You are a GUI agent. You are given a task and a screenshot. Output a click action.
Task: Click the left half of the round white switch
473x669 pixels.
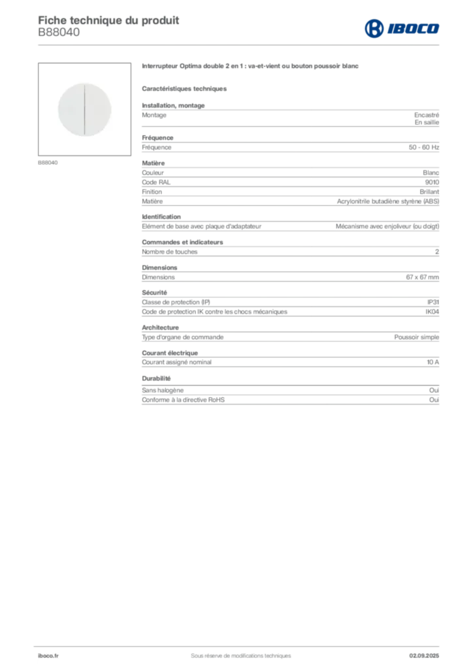(x=71, y=109)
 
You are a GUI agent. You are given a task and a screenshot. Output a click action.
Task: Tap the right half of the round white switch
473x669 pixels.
(x=99, y=109)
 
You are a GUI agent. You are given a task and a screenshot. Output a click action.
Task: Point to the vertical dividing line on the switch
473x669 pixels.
(x=85, y=109)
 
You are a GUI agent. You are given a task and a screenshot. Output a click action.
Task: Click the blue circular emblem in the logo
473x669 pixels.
(x=373, y=28)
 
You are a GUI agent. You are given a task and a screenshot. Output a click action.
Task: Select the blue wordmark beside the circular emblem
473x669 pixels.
(x=414, y=28)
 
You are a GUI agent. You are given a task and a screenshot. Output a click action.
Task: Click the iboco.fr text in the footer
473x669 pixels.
(x=48, y=655)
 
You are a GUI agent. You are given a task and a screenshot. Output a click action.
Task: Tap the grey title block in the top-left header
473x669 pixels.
(x=108, y=20)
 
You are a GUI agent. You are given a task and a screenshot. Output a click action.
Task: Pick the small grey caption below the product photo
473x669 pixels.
(x=49, y=162)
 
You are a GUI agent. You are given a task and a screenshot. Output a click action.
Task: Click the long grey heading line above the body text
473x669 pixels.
(x=250, y=67)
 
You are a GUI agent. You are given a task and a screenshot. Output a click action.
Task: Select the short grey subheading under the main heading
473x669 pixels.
(x=185, y=88)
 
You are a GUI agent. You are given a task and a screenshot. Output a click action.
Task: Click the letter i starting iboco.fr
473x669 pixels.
(x=38, y=655)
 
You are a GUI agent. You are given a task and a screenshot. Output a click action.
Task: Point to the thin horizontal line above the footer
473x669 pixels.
(x=240, y=643)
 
